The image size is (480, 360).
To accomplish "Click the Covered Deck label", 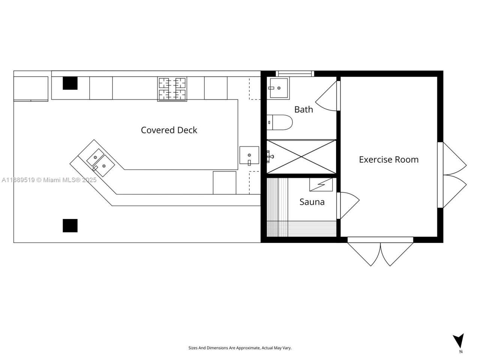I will [x=169, y=130].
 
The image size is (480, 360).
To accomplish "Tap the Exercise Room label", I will [x=388, y=159].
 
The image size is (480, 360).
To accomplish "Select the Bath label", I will [x=303, y=109].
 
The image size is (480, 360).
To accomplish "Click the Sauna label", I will [x=312, y=202].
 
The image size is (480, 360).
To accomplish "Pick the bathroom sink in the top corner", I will [x=279, y=88].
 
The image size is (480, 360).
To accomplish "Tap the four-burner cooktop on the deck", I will [x=172, y=89].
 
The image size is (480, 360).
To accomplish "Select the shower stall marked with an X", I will [x=301, y=157].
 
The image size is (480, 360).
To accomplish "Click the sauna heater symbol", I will [x=321, y=184].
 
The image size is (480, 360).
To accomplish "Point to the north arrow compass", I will [x=458, y=341].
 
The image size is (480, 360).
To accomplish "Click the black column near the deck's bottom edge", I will [x=70, y=226].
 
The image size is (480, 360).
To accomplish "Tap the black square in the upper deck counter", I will [x=70, y=83].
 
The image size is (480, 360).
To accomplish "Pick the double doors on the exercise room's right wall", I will [x=454, y=175].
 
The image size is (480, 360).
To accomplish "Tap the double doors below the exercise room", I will [x=381, y=253].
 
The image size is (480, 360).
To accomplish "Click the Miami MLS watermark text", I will [x=49, y=180].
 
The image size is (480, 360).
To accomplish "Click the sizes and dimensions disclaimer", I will [x=240, y=348].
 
